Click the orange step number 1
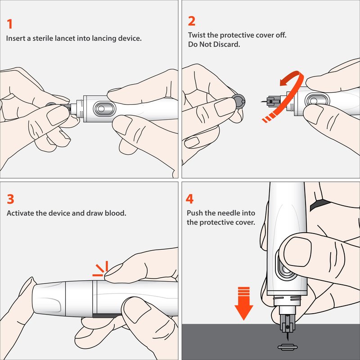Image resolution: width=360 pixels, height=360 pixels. [x=9, y=24]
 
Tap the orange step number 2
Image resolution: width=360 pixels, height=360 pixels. [x=192, y=21]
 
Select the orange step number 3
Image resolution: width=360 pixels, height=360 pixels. [x=10, y=199]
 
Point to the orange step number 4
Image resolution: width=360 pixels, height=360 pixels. [x=189, y=199]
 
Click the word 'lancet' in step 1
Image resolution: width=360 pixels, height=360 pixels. [x=65, y=38]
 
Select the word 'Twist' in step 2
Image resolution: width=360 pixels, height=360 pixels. [x=197, y=35]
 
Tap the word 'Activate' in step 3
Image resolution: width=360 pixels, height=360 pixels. [x=20, y=213]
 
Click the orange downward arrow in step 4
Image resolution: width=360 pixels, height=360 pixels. [x=244, y=303]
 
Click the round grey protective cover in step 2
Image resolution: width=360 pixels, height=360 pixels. [x=239, y=101]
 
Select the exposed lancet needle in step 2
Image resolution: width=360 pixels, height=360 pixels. [x=264, y=101]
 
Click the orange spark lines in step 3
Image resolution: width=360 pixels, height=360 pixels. [x=100, y=269]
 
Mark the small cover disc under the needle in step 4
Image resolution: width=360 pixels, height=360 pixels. [x=288, y=347]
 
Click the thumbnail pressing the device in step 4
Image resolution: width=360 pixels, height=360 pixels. [x=297, y=252]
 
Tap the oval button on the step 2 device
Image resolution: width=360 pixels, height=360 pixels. [x=317, y=100]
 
